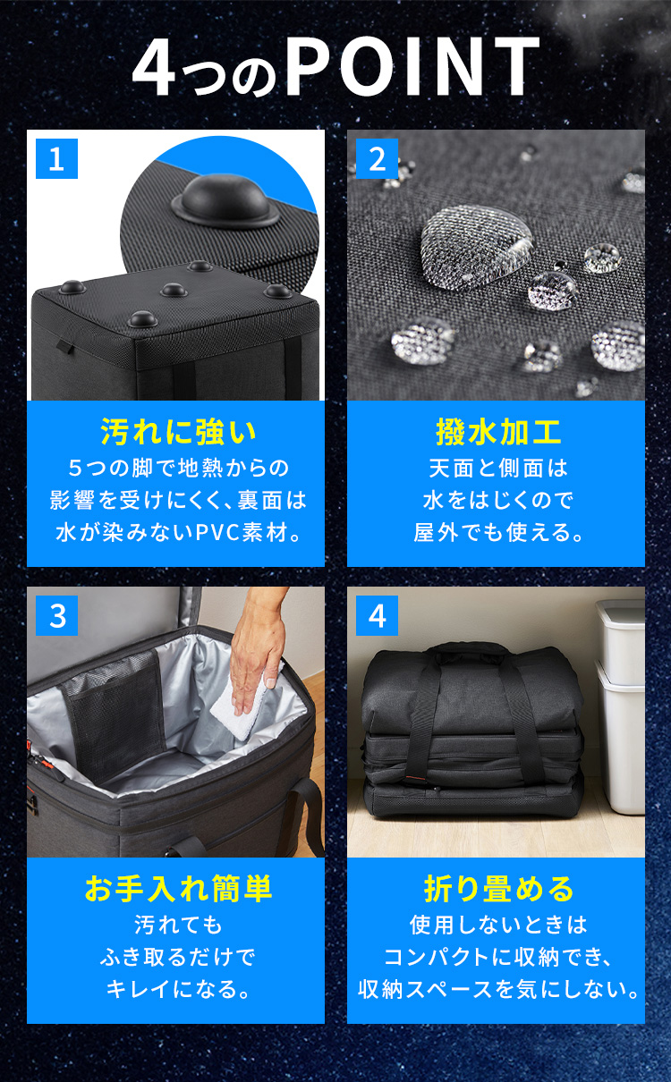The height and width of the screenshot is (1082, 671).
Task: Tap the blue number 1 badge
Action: coord(56,158)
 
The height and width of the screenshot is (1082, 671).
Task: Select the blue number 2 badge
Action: coord(377,158)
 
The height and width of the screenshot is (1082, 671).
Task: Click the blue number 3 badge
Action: coord(56,615)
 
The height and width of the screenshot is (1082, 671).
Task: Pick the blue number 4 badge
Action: coord(377,615)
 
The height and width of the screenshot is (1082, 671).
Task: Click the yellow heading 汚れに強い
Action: coord(178,431)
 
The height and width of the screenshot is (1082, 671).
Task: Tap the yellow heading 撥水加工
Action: coord(498,431)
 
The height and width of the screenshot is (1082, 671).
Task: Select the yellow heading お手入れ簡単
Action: coord(178,888)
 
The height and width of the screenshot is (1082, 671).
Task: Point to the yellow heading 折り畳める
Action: coord(498,888)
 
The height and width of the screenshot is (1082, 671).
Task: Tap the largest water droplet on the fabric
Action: coord(476,246)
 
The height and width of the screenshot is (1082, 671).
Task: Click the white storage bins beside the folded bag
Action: coord(621,706)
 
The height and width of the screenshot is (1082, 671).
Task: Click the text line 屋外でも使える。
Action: coord(498,532)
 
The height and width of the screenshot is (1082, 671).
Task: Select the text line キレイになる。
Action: coord(178,988)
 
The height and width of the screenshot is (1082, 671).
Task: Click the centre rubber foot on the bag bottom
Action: coord(174,290)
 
